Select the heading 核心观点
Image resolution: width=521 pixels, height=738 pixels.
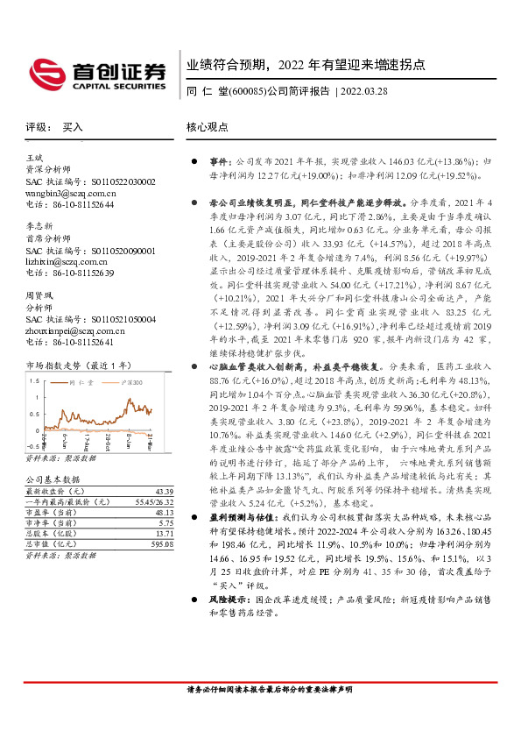coord(207,126)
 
